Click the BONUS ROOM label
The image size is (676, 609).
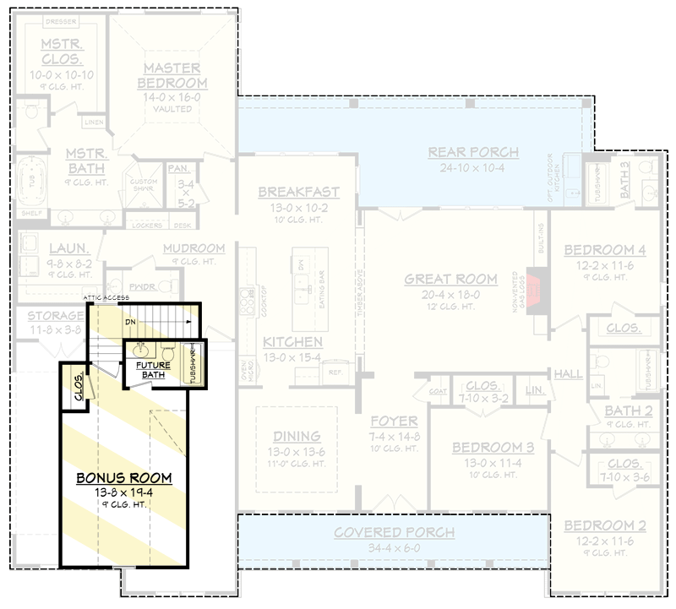pyautogui.click(x=123, y=477)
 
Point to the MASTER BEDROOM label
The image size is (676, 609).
pyautogui.click(x=172, y=75)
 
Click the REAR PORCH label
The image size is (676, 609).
pyautogui.click(x=473, y=152)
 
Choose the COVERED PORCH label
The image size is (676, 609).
pyautogui.click(x=393, y=533)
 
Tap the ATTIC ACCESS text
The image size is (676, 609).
pyautogui.click(x=105, y=299)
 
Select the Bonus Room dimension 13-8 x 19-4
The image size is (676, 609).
pyautogui.click(x=123, y=492)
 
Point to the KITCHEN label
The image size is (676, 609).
pyautogui.click(x=292, y=342)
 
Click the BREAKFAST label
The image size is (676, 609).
pyautogui.click(x=299, y=193)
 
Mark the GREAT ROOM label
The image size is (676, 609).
pyautogui.click(x=450, y=279)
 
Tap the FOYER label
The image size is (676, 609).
pyautogui.click(x=394, y=421)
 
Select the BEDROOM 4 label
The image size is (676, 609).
pyautogui.click(x=604, y=250)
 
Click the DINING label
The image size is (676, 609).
pyautogui.click(x=297, y=436)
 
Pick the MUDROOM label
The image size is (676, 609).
pyautogui.click(x=194, y=248)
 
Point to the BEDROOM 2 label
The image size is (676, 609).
pyautogui.click(x=604, y=526)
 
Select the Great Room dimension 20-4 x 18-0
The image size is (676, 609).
pyautogui.click(x=450, y=294)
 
